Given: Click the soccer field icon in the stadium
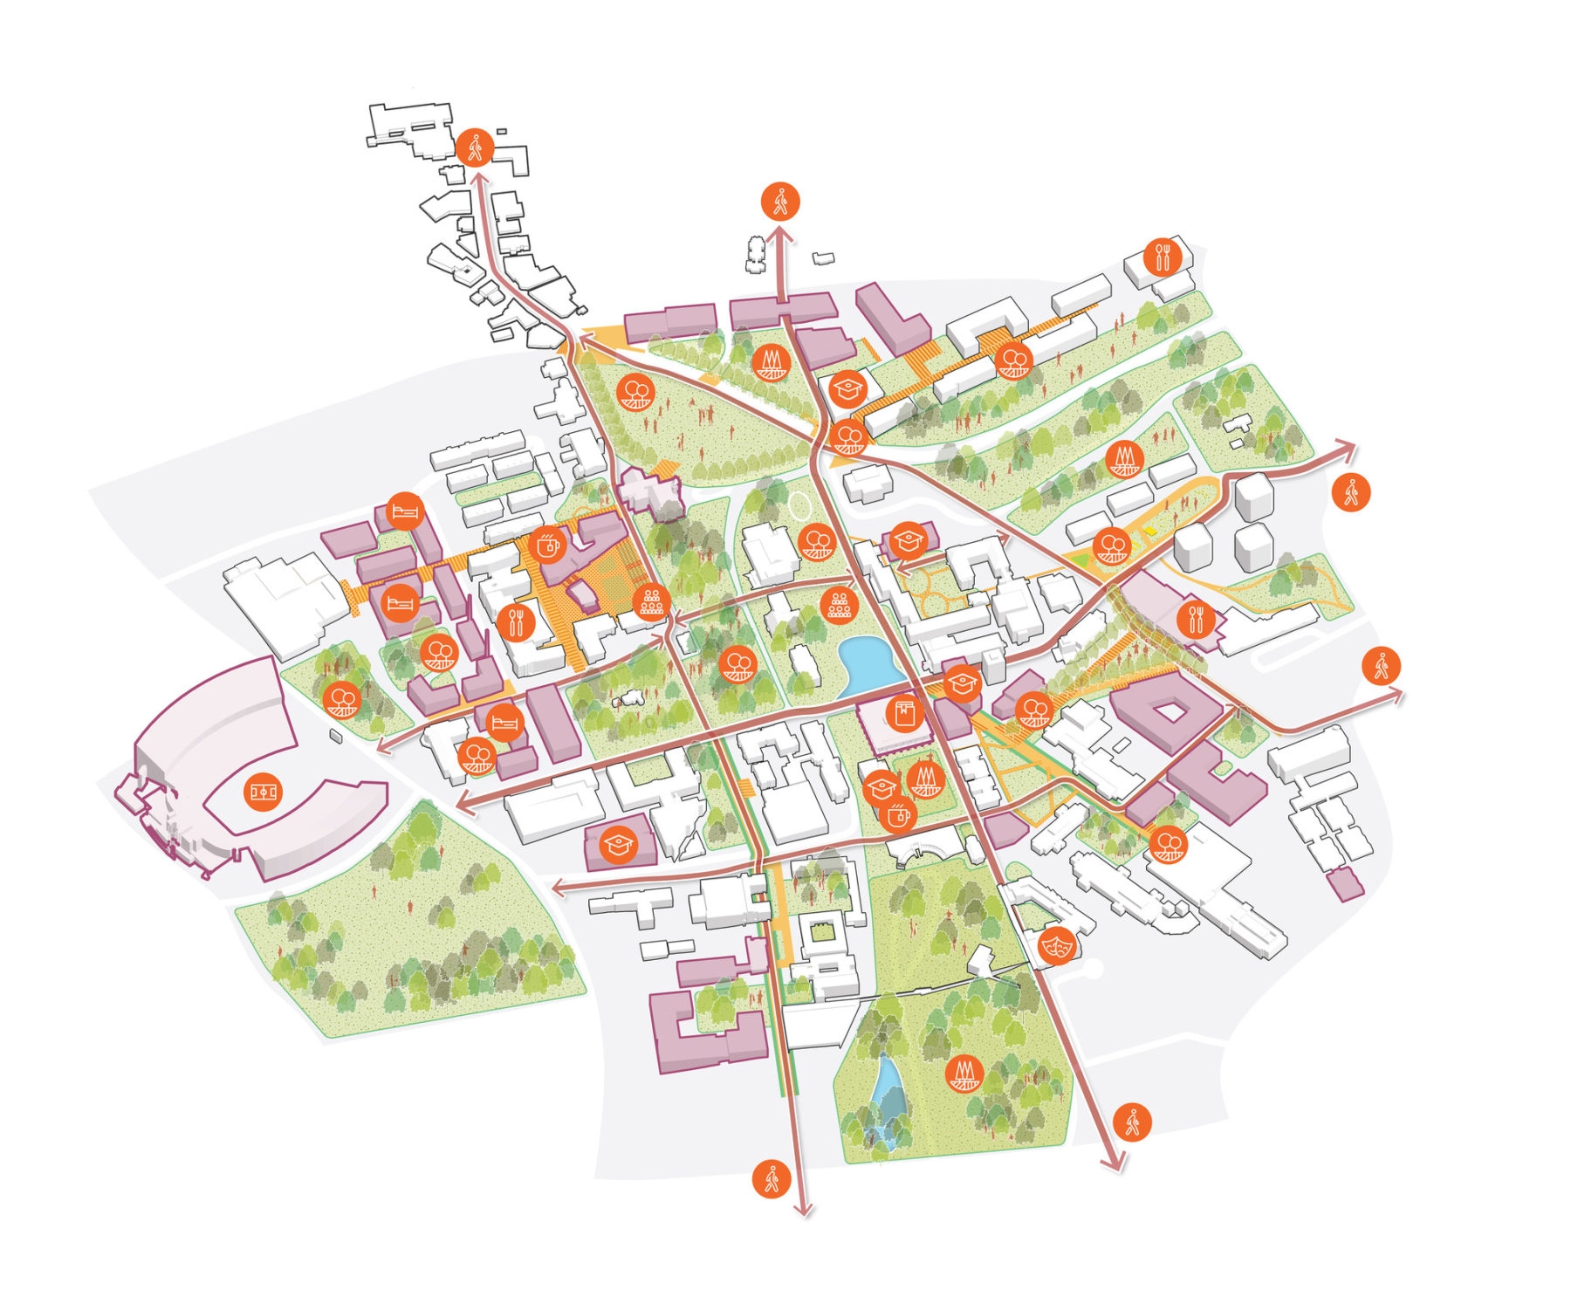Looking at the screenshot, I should [x=263, y=792].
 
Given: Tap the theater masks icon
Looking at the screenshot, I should [x=1058, y=944].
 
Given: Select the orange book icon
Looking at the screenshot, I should [x=904, y=714].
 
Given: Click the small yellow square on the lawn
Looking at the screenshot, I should [x=1151, y=530].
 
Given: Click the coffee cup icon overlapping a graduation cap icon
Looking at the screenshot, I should [x=896, y=816].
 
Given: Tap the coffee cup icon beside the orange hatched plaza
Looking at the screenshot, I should [x=546, y=546].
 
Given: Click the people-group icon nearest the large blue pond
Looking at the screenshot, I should [x=839, y=604].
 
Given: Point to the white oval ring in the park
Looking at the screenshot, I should [x=799, y=503].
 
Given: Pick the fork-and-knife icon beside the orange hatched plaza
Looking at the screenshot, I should [x=518, y=621].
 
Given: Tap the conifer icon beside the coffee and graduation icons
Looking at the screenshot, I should [x=926, y=779].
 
